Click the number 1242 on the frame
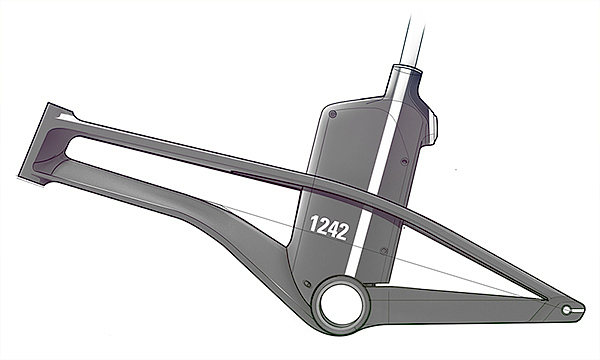tap(329, 228)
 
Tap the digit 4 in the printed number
tap(334, 229)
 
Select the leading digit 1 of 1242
tap(314, 224)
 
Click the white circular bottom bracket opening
tap(341, 304)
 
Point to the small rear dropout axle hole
tap(566, 310)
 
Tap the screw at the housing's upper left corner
tap(333, 114)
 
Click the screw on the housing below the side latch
tap(404, 161)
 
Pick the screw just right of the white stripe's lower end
tap(384, 251)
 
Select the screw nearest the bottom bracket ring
tap(307, 283)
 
